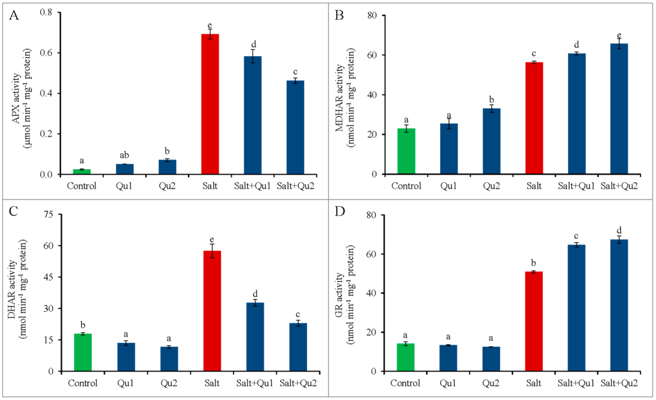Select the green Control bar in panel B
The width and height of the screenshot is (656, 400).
click(x=406, y=151)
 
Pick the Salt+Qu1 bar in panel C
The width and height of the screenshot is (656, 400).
click(x=255, y=337)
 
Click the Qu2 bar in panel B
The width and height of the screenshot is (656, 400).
click(x=492, y=141)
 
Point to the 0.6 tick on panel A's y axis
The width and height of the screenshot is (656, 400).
click(x=46, y=53)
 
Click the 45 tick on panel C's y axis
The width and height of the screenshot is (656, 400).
click(x=48, y=277)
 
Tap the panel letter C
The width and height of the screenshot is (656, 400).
click(x=13, y=211)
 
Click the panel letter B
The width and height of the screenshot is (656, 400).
click(x=339, y=15)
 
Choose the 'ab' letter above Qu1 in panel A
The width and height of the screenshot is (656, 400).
click(x=124, y=155)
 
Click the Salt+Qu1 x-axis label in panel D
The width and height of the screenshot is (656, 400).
click(x=576, y=383)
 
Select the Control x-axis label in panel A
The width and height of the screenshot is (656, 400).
click(x=81, y=186)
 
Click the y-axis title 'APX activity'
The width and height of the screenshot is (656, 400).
click(x=16, y=99)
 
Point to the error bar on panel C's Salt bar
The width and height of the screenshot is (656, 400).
click(x=212, y=251)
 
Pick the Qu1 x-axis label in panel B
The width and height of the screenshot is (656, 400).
click(x=449, y=186)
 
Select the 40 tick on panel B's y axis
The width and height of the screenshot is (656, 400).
click(x=372, y=95)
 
